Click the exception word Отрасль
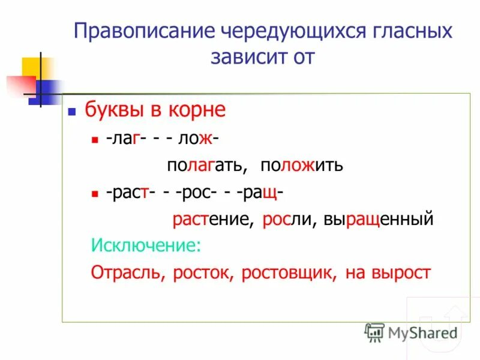coord(127,273)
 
